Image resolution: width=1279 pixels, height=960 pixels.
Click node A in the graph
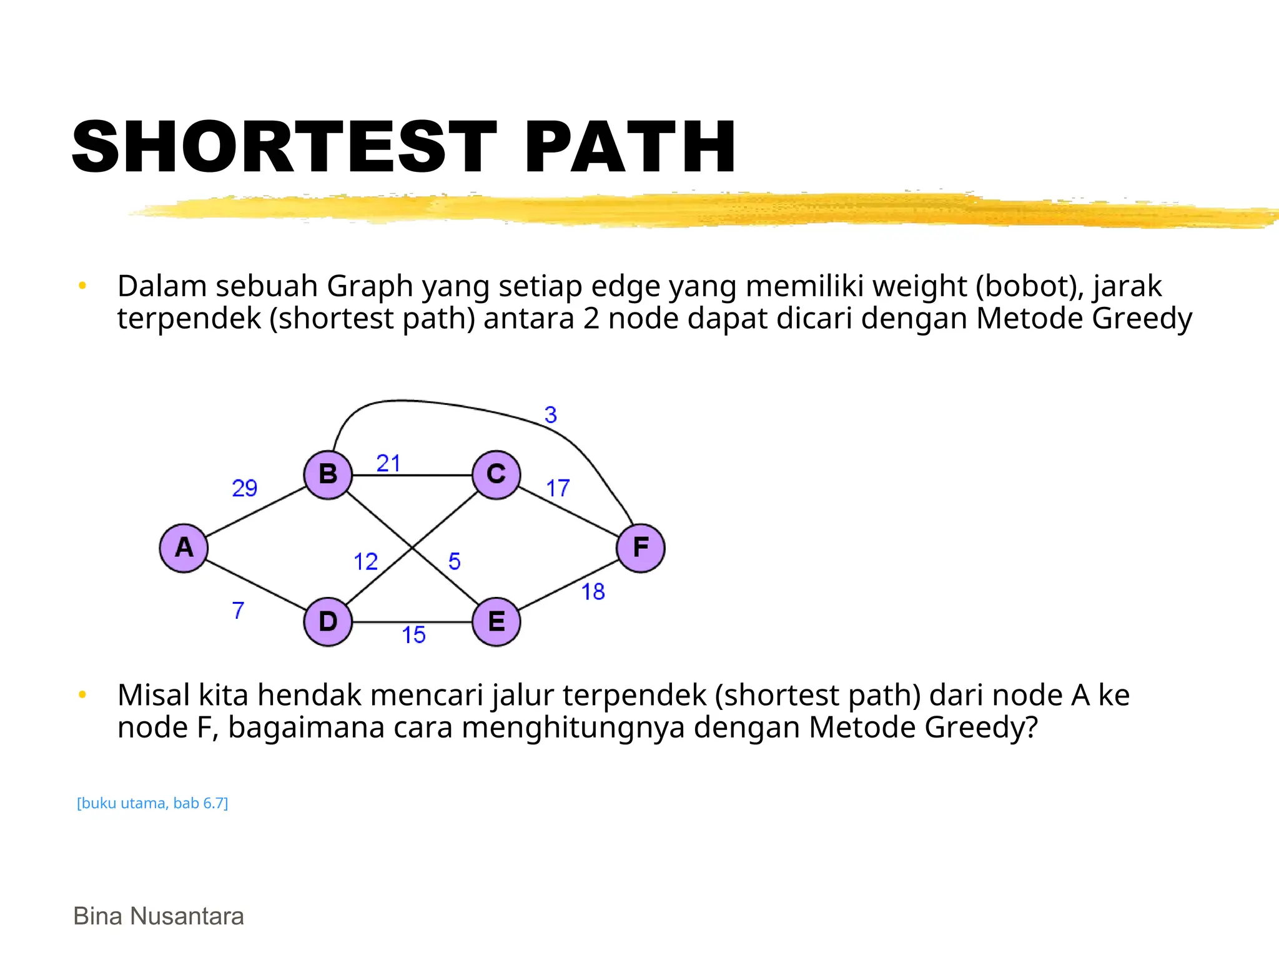point(184,548)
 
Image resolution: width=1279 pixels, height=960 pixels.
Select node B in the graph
point(328,474)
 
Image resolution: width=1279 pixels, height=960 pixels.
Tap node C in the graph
point(496,474)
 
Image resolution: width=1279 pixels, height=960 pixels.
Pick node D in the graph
point(328,622)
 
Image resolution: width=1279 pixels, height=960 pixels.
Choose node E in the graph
point(496,622)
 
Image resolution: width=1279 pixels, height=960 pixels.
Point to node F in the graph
point(641,548)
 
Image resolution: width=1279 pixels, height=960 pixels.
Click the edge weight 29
point(244,487)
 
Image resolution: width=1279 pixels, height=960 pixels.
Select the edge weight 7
point(238,610)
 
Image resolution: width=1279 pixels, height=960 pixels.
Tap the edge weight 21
point(388,463)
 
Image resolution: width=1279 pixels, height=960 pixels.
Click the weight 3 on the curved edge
point(550,414)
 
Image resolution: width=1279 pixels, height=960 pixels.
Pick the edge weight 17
point(558,487)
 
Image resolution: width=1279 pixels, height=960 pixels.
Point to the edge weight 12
point(366,561)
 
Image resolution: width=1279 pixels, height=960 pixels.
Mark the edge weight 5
point(455,561)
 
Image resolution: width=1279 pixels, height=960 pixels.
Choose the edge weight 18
point(593,591)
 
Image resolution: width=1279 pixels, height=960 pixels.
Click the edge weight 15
point(413,635)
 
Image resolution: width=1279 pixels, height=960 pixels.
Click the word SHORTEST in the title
point(284,147)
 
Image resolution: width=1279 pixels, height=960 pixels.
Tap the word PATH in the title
point(631,147)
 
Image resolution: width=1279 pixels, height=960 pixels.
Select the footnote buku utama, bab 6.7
point(152,803)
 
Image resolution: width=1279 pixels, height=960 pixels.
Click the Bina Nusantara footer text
point(159,916)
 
